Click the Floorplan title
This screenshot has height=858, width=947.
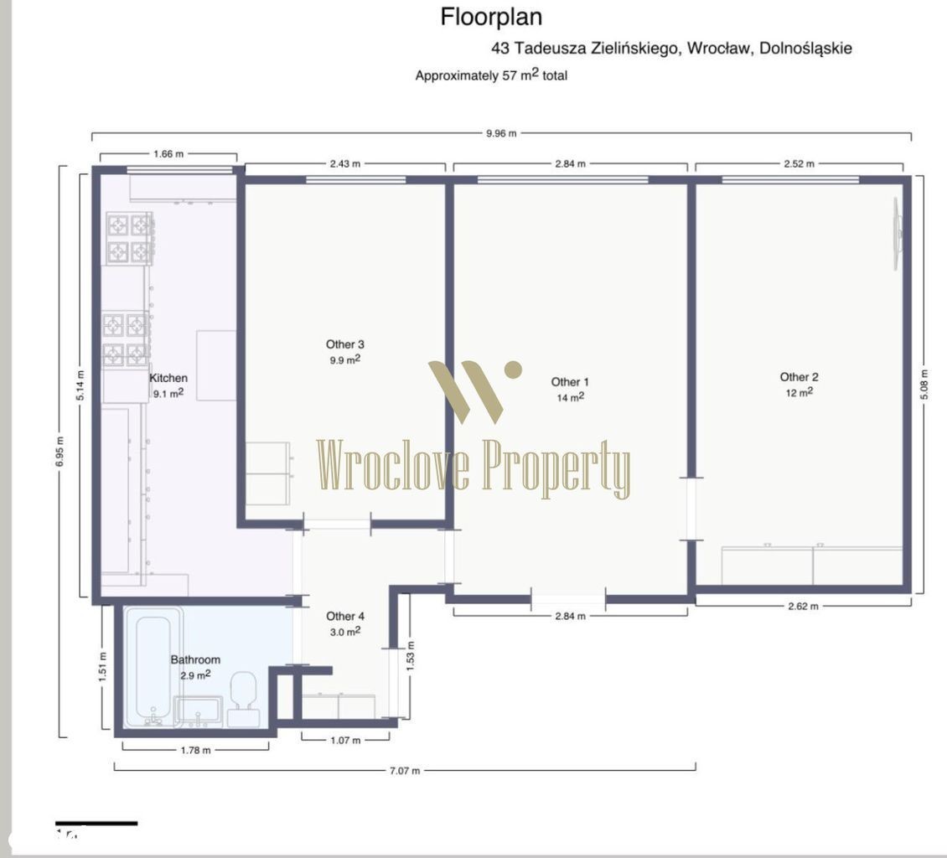491,17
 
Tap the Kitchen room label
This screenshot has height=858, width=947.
168,378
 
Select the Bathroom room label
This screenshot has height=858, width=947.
195,659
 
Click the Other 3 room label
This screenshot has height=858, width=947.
344,344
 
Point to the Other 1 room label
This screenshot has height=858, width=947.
570,381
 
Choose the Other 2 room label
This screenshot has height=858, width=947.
799,377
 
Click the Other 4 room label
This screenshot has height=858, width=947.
344,616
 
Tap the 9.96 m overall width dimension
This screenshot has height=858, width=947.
501,133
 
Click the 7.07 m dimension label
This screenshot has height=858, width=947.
405,771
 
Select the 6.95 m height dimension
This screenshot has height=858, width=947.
60,451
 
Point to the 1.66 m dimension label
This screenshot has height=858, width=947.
168,154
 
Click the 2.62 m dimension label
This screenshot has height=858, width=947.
803,607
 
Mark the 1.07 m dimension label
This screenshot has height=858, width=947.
345,740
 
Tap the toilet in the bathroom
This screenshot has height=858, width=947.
243,699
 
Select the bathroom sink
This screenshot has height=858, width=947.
198,711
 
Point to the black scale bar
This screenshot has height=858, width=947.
96,823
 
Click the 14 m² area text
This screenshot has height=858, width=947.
570,397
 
